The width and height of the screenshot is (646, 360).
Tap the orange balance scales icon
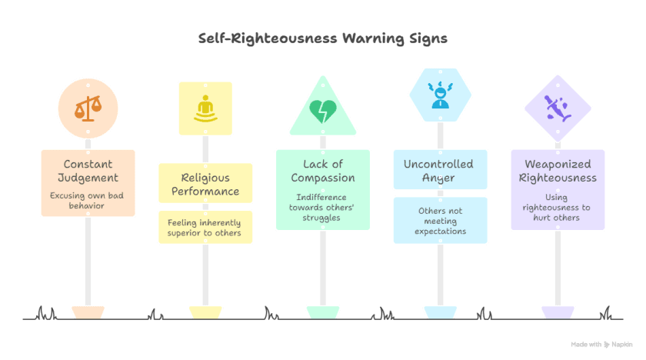point(88,108)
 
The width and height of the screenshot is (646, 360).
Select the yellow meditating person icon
point(205,108)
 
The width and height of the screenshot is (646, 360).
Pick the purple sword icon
point(557,108)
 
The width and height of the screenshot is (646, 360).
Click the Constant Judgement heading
point(88,171)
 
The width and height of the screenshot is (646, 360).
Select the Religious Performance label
point(205,184)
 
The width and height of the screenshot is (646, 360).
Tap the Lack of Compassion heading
point(322,171)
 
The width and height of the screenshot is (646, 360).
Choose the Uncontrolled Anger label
point(440,171)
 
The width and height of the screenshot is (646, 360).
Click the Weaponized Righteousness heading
point(557,171)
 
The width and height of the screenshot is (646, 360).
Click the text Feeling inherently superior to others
point(205,228)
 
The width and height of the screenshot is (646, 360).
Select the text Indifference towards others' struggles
point(322,208)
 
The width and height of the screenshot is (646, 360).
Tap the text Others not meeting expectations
point(440,221)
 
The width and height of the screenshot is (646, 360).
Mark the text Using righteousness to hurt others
point(557,208)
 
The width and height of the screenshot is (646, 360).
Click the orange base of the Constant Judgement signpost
point(88,312)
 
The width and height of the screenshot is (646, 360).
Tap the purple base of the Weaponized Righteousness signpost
point(557,312)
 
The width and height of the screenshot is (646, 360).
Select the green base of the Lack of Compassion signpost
point(322,312)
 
